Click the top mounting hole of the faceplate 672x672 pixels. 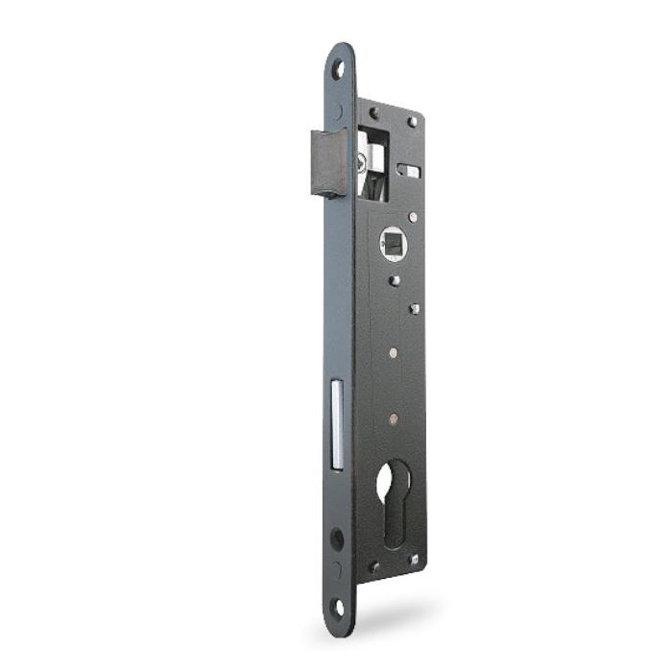click(338, 68)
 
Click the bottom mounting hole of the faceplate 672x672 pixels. click(338, 607)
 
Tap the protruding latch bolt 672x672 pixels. click(327, 162)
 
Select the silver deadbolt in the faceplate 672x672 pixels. click(337, 424)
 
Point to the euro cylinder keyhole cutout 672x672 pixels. click(392, 503)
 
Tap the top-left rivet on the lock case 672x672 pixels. click(373, 113)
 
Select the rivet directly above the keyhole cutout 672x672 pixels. click(393, 419)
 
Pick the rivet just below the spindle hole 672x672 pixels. click(394, 281)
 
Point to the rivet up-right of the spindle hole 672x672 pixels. click(413, 217)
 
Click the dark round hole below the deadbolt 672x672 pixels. click(337, 539)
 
